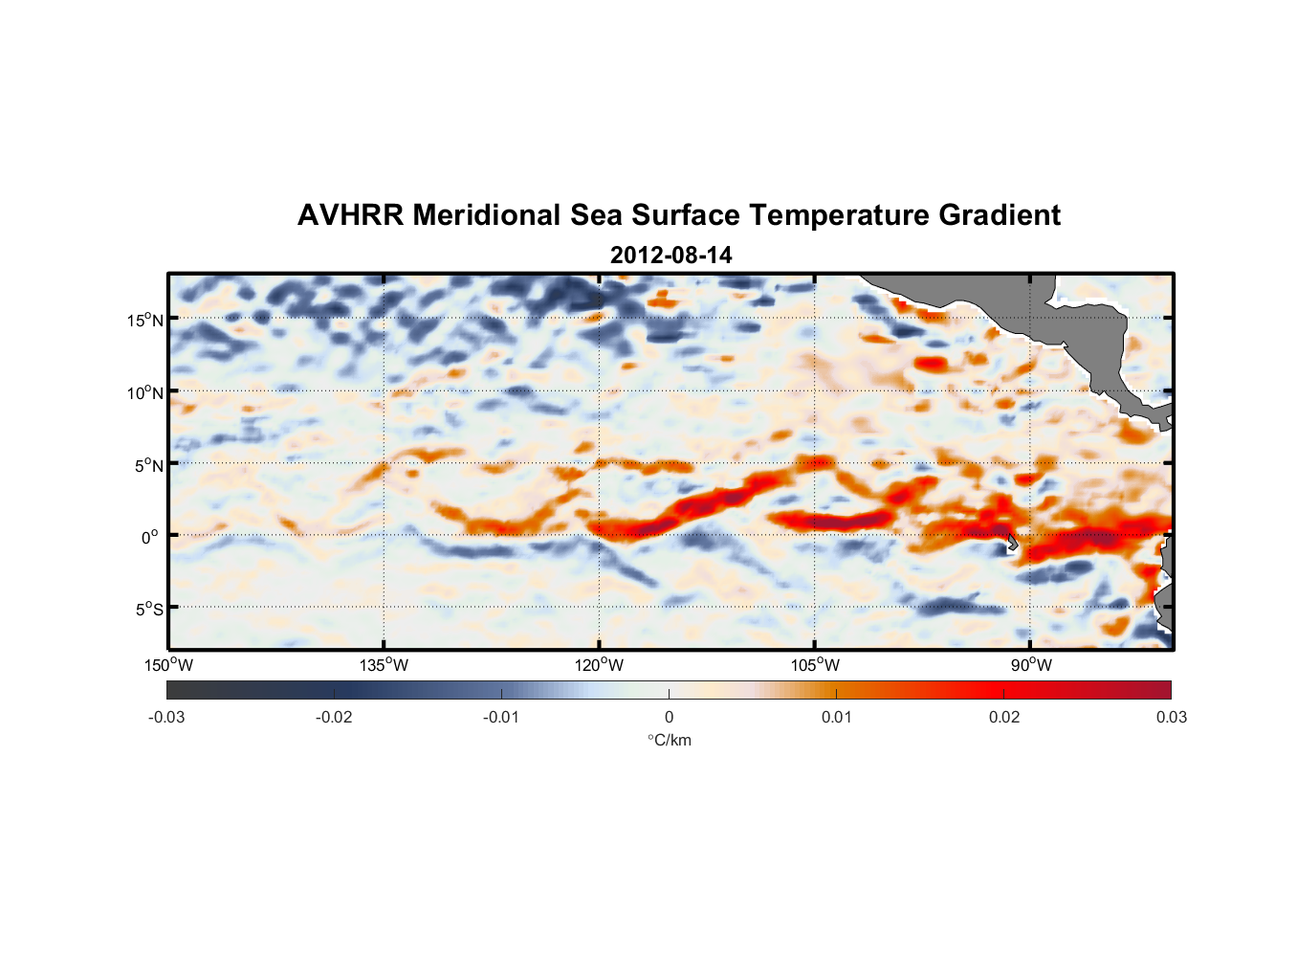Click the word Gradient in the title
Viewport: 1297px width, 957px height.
(x=999, y=215)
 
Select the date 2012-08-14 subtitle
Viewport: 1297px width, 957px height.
(x=670, y=256)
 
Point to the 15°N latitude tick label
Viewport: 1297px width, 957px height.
(x=145, y=320)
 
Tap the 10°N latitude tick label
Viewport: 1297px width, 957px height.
(x=145, y=392)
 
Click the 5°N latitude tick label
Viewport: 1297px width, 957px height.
(x=149, y=465)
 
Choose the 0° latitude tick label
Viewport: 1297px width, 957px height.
(x=150, y=537)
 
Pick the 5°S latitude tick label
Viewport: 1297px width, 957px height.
(x=149, y=610)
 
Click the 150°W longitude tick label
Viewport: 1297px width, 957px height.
(x=168, y=665)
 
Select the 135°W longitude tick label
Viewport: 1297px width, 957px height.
(x=384, y=665)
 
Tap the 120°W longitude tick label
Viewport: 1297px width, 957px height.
(x=599, y=665)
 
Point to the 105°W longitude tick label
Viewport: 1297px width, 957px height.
(x=815, y=665)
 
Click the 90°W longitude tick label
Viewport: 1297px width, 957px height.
(x=1031, y=665)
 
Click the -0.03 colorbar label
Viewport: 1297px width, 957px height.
(x=166, y=717)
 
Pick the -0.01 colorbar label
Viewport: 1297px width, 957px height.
(x=501, y=717)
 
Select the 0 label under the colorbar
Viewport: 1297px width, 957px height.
(x=669, y=717)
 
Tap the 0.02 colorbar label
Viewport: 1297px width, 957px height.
(x=1004, y=717)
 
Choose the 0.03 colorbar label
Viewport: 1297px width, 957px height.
(x=1171, y=717)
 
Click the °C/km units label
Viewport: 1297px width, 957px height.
(x=669, y=740)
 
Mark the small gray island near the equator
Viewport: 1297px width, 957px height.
(x=1012, y=543)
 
